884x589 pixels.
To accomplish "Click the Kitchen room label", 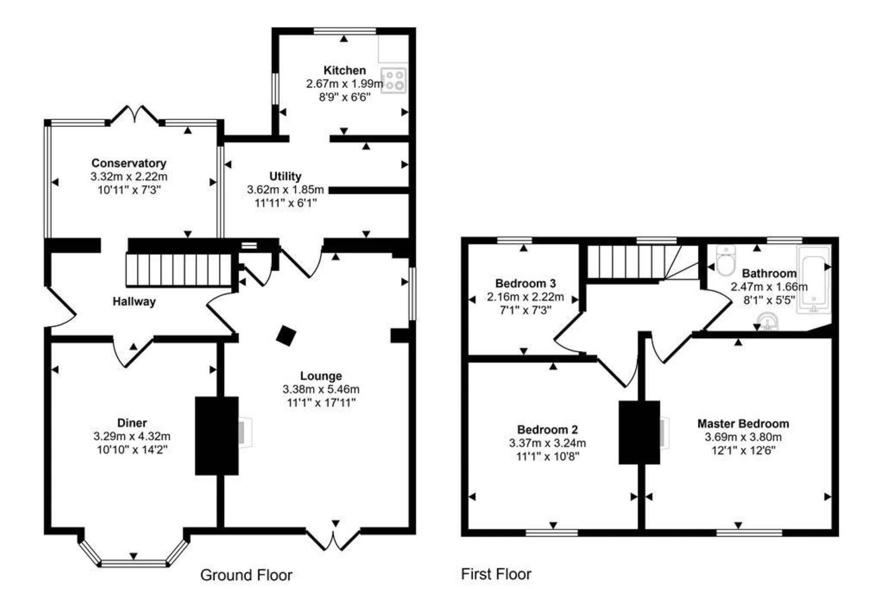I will [x=344, y=70].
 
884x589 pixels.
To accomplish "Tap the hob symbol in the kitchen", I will [x=393, y=80].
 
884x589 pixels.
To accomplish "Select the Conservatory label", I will [x=129, y=163].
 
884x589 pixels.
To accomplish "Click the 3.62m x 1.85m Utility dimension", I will [x=285, y=190].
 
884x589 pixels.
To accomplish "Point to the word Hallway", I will [x=134, y=302].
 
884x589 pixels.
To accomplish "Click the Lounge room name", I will [x=321, y=376].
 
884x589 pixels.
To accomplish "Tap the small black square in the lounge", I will [x=286, y=335].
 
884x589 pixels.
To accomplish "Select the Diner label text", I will [x=132, y=423].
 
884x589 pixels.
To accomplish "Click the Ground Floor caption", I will [x=246, y=575].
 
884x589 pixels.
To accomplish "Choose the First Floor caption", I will [x=496, y=574].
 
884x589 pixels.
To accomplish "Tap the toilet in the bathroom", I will [x=726, y=261].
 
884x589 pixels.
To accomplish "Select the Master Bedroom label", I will [x=743, y=424].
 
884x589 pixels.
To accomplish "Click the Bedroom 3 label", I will [x=525, y=284].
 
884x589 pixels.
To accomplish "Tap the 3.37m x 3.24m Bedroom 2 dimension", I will [x=547, y=443].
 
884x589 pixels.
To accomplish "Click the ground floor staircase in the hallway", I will [x=180, y=269].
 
